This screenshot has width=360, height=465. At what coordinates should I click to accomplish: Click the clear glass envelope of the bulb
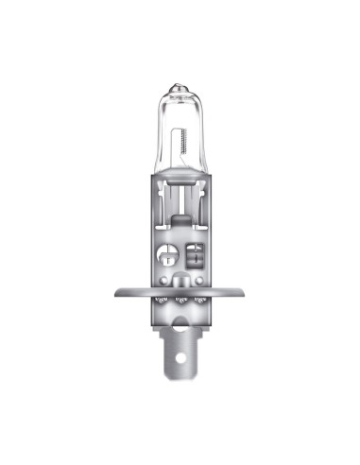pyautogui.click(x=180, y=123)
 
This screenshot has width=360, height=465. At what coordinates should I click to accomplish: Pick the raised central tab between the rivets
pyautogui.click(x=180, y=280)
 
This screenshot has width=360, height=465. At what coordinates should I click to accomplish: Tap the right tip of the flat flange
pyautogui.click(x=244, y=292)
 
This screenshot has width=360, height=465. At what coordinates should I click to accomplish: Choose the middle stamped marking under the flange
pyautogui.click(x=180, y=301)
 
